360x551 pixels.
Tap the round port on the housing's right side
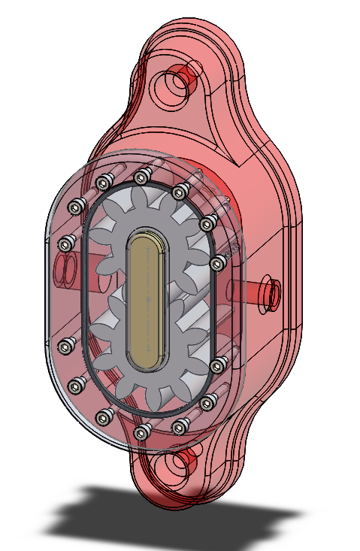pyautogui.click(x=268, y=292)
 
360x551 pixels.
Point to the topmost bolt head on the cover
pyautogui.click(x=141, y=177)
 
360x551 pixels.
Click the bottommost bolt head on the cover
pyautogui.click(x=141, y=431)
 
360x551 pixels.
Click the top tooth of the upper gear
pyautogui.click(x=144, y=198)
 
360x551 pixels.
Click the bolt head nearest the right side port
pyautogui.click(x=218, y=262)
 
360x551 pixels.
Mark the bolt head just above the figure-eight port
pyautogui.click(x=68, y=243)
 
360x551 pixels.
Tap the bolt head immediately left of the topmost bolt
pyautogui.click(x=104, y=181)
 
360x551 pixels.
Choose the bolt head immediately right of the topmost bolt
pyautogui.click(x=180, y=192)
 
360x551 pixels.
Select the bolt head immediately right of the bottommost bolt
pyautogui.click(x=179, y=427)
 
